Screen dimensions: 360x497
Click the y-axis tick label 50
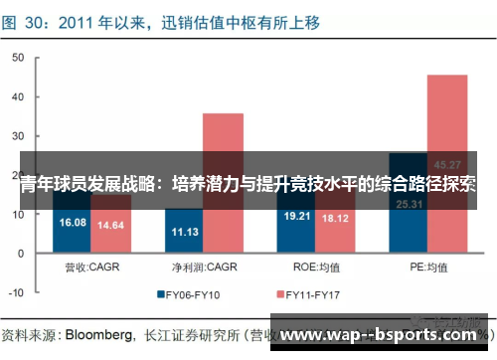16,59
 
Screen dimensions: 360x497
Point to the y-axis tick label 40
16,98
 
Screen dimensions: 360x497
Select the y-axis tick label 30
16,137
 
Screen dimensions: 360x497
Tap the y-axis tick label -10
14,294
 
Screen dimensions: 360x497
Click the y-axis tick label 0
19,255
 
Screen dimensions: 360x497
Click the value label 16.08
73,223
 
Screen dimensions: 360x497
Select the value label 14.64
111,226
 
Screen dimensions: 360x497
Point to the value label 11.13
185,232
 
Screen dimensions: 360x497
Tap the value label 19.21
297,216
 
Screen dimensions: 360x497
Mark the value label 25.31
409,205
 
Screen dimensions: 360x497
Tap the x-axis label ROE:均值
316,268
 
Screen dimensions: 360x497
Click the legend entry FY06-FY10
194,294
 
